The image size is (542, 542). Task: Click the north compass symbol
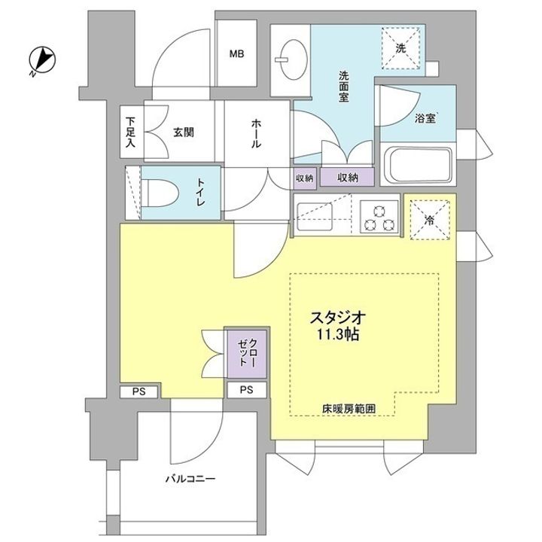42,60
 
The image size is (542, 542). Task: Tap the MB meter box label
237,54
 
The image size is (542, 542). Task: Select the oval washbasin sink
294,59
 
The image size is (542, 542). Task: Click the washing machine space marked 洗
401,48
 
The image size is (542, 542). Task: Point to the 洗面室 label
343,87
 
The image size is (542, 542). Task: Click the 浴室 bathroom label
426,118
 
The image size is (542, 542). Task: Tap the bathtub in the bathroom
419,165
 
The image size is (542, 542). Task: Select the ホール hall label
256,133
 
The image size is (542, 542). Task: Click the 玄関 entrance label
184,132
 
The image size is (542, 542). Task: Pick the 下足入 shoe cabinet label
130,132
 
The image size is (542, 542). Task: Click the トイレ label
200,192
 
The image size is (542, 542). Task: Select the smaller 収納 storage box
305,178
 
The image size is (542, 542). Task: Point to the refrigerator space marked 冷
430,221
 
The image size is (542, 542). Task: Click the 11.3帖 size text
338,334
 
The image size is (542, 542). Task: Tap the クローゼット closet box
247,354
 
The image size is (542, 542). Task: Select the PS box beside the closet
247,390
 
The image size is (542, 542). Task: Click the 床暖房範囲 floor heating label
349,409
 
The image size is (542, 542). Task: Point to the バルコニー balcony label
190,479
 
